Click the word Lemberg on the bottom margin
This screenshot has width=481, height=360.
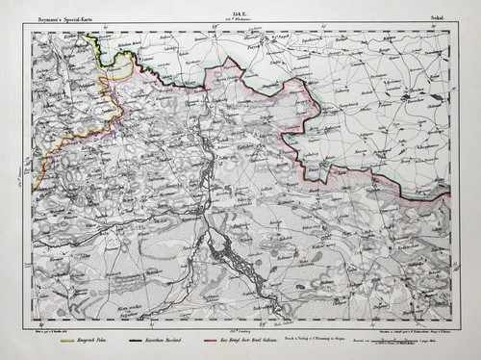point(236,332)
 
